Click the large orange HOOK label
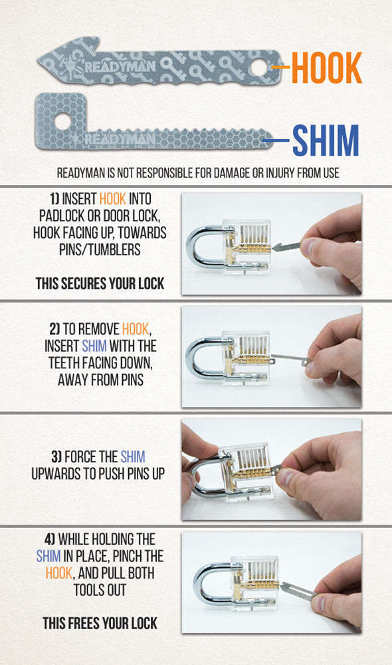(x=327, y=67)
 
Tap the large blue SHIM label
(x=326, y=140)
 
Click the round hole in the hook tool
(x=259, y=67)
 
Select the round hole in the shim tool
(x=62, y=121)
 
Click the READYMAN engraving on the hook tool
(x=120, y=66)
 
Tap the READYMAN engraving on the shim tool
(x=120, y=139)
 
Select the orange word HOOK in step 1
(x=113, y=199)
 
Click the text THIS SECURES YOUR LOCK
(x=100, y=283)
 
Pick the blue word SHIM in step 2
(x=94, y=346)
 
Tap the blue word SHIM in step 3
(x=133, y=457)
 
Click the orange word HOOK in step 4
(x=59, y=573)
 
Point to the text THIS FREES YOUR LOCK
(x=100, y=623)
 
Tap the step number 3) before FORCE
(x=56, y=457)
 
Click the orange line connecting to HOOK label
(x=280, y=67)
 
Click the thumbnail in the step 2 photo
(x=311, y=368)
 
